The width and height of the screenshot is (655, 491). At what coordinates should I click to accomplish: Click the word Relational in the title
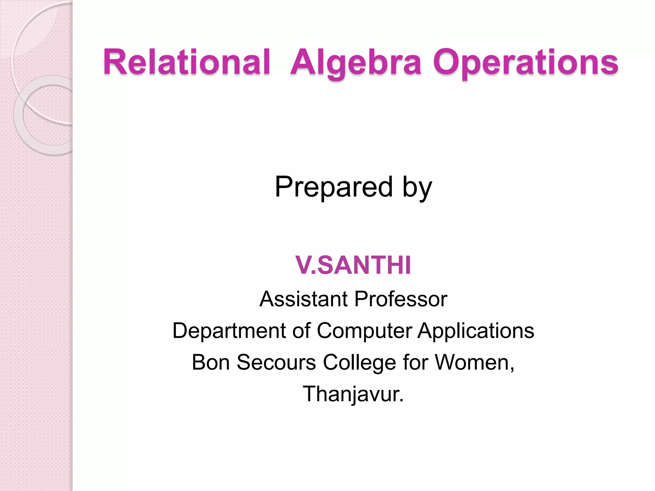tap(187, 62)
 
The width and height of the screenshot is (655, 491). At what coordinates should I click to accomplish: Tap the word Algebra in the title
tap(356, 63)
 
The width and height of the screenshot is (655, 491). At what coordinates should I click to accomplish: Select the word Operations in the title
tap(526, 63)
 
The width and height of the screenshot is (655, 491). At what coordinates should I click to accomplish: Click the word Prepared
tap(334, 187)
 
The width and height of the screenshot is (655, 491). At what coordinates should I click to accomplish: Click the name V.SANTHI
tap(353, 265)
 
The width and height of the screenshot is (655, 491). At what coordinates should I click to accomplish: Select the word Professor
tap(401, 299)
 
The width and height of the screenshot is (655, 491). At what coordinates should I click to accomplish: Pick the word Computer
tap(364, 331)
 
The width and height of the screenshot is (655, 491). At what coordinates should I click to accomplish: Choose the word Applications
tap(476, 331)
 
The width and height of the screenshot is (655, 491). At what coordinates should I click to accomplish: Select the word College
tap(360, 363)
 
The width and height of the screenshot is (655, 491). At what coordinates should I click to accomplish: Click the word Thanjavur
tap(353, 394)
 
